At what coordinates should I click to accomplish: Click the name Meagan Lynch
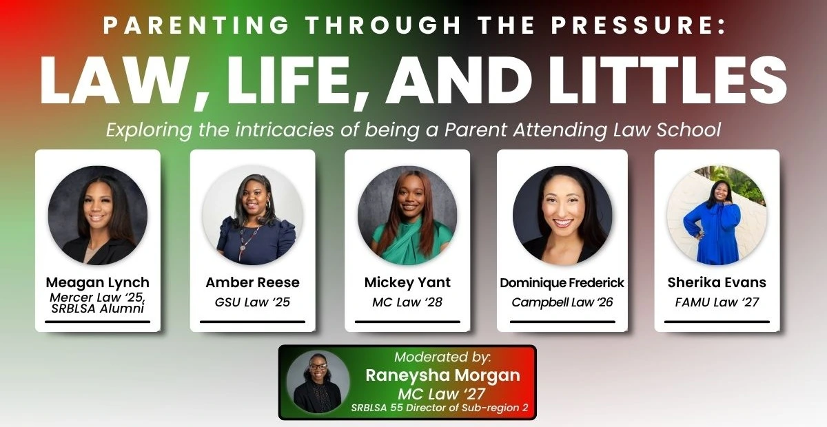(97, 282)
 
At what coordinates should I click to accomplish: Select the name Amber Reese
(252, 282)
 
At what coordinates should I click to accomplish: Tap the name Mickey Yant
(407, 282)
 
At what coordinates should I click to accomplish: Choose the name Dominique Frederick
(562, 282)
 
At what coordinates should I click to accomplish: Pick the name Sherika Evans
(717, 282)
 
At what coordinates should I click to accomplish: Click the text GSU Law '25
(252, 302)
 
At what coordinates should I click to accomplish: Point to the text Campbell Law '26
(562, 302)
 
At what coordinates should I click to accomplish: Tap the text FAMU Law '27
(717, 302)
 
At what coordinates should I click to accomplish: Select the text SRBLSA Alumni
(97, 309)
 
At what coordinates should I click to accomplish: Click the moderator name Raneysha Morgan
(442, 375)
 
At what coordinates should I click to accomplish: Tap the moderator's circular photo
(318, 382)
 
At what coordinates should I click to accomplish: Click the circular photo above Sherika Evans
(717, 215)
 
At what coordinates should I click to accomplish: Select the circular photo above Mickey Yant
(407, 215)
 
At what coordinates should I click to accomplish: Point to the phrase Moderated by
(442, 357)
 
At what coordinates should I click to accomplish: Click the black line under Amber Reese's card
(252, 322)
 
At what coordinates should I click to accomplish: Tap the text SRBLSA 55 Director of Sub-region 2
(440, 408)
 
